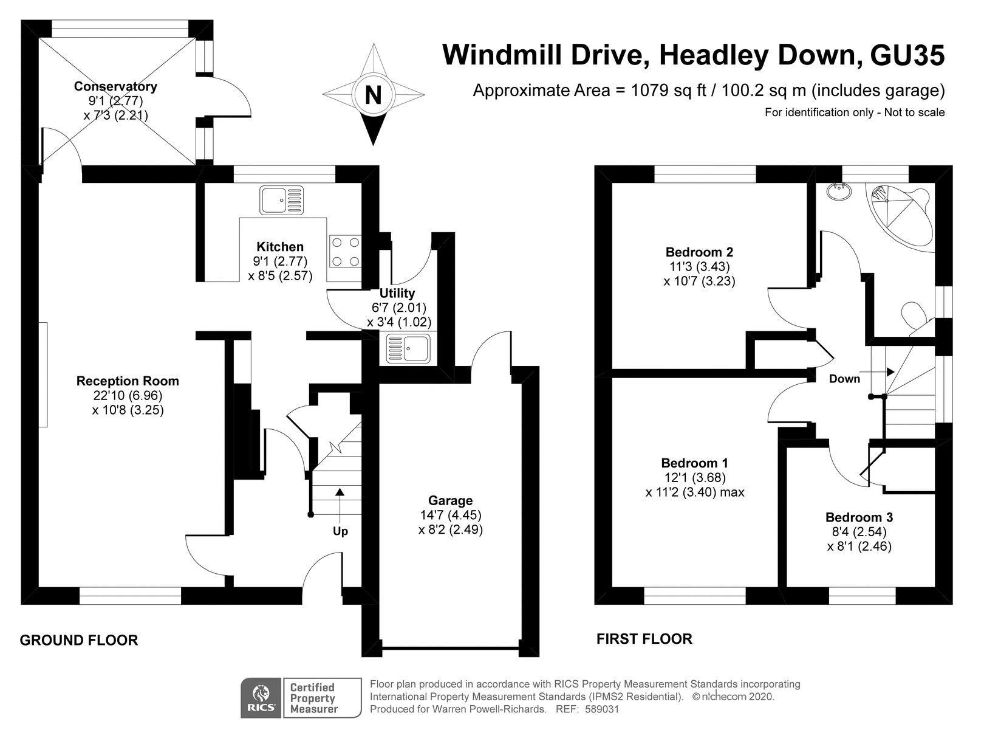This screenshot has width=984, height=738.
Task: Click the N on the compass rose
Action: [x=373, y=95]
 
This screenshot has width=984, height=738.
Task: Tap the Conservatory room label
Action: [x=115, y=86]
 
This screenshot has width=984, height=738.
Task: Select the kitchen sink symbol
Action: [x=281, y=200]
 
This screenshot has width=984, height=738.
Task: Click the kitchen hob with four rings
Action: [x=345, y=252]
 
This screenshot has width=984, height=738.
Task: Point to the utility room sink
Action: [x=408, y=348]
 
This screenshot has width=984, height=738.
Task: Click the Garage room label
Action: [x=450, y=500]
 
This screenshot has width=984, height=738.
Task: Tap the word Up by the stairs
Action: [x=340, y=532]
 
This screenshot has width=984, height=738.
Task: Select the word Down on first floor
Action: [x=844, y=379]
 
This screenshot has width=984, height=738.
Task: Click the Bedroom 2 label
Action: [x=699, y=252]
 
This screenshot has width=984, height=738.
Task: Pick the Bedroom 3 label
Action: [x=859, y=517]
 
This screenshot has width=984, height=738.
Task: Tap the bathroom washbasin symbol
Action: [x=839, y=191]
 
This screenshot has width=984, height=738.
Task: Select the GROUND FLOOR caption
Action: [x=79, y=640]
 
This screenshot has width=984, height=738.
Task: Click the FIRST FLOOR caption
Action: [x=644, y=639]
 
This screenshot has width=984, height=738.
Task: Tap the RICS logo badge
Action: [x=261, y=698]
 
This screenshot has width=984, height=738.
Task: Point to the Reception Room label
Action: [x=128, y=381]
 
